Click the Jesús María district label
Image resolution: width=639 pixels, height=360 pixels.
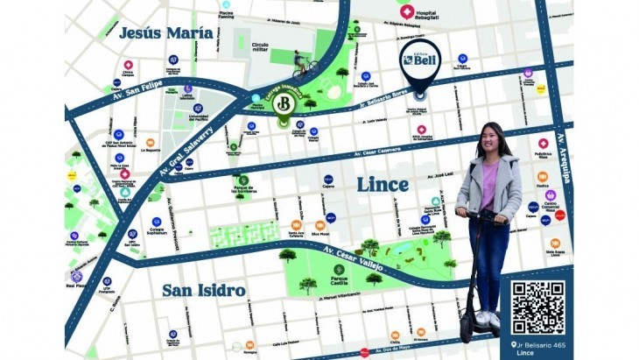pos(165,33)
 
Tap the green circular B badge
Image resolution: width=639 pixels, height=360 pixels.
pos(283,105)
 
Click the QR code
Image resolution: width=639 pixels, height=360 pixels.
pos(537,307)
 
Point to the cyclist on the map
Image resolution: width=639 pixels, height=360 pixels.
pos(303,62)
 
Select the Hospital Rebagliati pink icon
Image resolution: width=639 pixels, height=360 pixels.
pos(406,11)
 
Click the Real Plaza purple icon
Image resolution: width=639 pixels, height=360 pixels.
pos(76,277)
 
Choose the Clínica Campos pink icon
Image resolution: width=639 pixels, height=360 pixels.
pos(128,66)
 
